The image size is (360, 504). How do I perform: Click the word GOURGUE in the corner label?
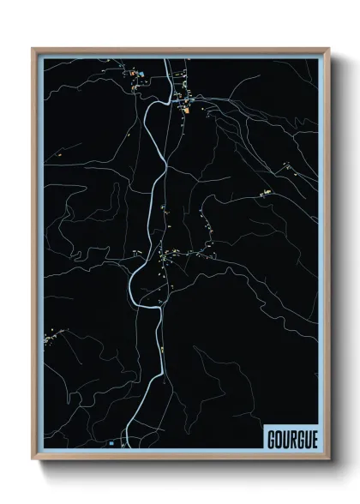[x=292, y=437]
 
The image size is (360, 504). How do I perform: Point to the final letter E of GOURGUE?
[x=314, y=437]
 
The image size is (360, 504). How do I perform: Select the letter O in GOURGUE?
[x=279, y=437]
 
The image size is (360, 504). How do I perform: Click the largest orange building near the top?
[x=184, y=109]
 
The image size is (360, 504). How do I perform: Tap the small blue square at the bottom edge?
[x=111, y=443]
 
